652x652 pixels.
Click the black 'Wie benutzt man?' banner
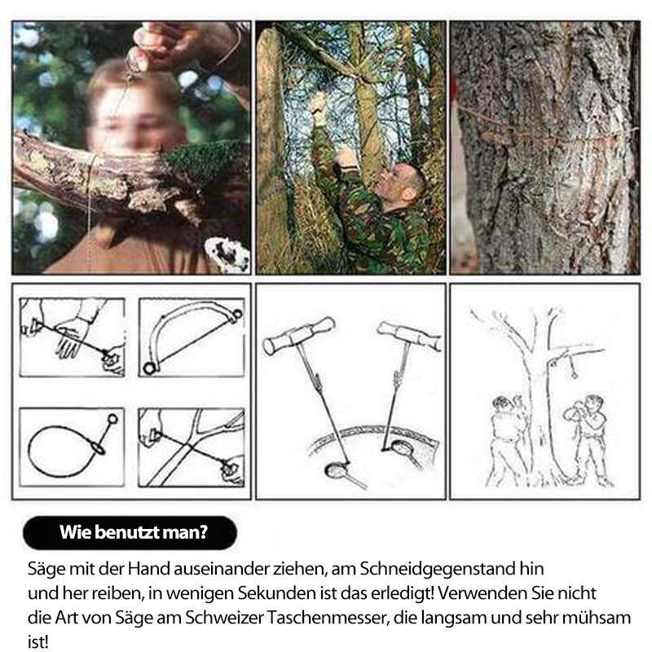(130, 533)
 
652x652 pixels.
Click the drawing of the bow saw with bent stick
(192, 336)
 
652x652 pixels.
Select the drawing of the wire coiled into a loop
(72, 447)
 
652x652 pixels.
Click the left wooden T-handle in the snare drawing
(299, 335)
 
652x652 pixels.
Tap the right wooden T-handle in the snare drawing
(410, 335)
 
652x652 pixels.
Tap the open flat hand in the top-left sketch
(75, 337)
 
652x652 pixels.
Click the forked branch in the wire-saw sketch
(196, 447)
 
